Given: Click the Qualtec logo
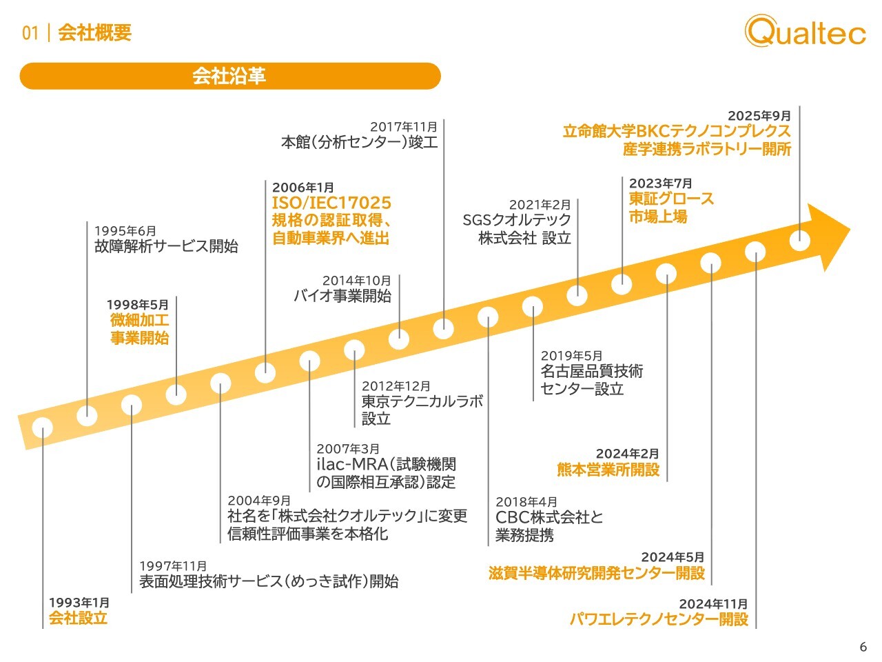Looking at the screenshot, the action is pyautogui.click(x=805, y=30).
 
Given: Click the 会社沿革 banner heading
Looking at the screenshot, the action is pyautogui.click(x=229, y=76).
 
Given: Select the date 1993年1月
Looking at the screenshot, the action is pyautogui.click(x=79, y=603).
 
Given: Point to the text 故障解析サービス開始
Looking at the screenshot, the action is pyautogui.click(x=166, y=246).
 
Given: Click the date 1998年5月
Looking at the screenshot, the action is pyautogui.click(x=137, y=305).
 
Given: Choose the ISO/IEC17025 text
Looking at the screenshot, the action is pyautogui.click(x=331, y=203).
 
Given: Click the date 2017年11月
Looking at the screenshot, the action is pyautogui.click(x=404, y=127).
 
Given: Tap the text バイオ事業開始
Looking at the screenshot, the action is pyautogui.click(x=342, y=296).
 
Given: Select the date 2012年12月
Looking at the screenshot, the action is pyautogui.click(x=396, y=386).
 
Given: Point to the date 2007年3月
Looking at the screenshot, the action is pyautogui.click(x=348, y=448).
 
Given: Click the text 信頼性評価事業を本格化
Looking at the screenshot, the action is pyautogui.click(x=308, y=533).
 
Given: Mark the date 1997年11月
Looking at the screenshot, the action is pyautogui.click(x=173, y=566).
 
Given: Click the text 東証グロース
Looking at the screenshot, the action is pyautogui.click(x=671, y=199).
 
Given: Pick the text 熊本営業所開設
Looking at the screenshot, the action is pyautogui.click(x=608, y=470).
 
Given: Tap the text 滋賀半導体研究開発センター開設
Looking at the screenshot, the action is pyautogui.click(x=597, y=573).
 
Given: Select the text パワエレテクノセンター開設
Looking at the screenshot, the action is pyautogui.click(x=659, y=619).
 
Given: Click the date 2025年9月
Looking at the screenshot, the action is pyautogui.click(x=759, y=116).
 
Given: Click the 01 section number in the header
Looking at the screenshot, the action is pyautogui.click(x=30, y=33).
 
